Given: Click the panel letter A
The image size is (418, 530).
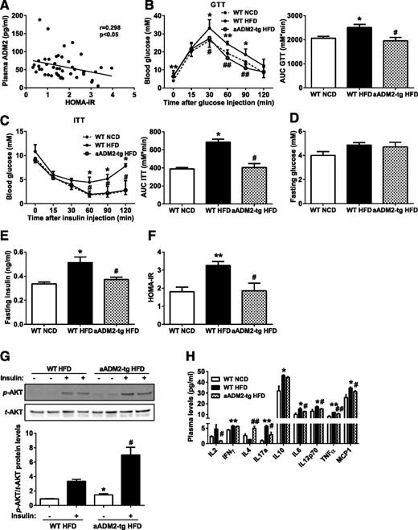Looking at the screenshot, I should coord(6,7).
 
